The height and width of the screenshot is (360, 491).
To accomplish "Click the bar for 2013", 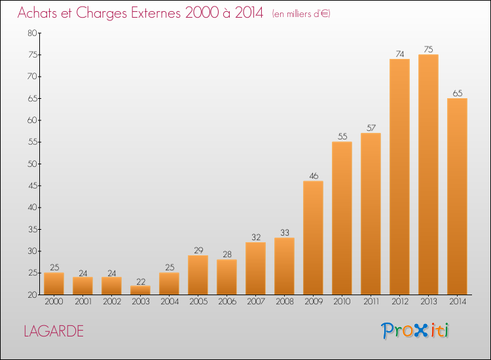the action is click(428, 175).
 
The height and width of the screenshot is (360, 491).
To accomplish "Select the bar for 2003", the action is click(140, 290).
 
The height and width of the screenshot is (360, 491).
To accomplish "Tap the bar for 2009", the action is click(313, 238).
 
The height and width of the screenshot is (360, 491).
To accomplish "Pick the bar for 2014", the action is click(457, 196).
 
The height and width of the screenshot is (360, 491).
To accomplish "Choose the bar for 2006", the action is click(227, 277).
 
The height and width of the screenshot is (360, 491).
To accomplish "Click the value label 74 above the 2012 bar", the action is click(400, 54).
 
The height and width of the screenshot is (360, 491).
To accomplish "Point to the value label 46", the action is click(314, 176).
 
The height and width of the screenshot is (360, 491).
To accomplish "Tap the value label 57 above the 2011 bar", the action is click(371, 128).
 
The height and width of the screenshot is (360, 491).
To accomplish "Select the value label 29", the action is click(198, 251).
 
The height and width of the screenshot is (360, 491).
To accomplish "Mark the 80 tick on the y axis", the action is click(32, 33).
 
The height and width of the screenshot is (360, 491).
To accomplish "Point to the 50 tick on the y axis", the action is click(32, 164).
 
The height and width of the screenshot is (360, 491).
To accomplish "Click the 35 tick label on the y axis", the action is click(33, 230).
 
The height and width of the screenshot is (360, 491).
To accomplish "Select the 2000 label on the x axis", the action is click(54, 301).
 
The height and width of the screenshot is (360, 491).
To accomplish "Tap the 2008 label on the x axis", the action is click(285, 301).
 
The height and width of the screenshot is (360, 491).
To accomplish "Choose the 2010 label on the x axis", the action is click(342, 301).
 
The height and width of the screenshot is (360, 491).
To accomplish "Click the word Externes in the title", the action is click(156, 13).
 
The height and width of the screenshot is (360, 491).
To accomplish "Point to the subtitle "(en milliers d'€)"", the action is click(301, 14).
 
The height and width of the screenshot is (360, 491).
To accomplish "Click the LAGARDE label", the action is click(54, 331).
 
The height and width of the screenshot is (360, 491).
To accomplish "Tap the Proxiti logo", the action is click(415, 331).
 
